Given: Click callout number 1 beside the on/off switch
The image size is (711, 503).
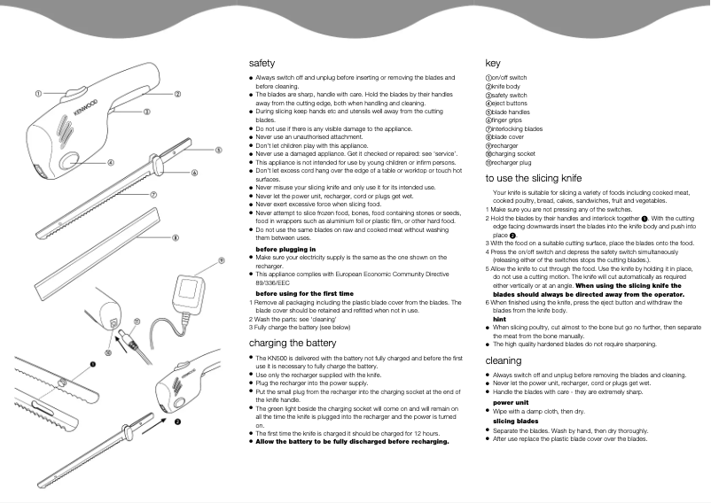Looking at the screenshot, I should pos(38,93).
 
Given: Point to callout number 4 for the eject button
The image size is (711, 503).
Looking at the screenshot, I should pos(110,162).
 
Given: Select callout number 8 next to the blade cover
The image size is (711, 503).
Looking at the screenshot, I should pos(176,237).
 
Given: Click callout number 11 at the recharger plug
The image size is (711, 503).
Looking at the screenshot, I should pos(137,322).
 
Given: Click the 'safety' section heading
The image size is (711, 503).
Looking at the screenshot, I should pos(262,64).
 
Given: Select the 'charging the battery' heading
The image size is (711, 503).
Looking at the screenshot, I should pos(293,342).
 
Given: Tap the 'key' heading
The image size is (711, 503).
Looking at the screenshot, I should pos(493,64).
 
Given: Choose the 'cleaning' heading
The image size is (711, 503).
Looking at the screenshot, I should pos(504,360).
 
